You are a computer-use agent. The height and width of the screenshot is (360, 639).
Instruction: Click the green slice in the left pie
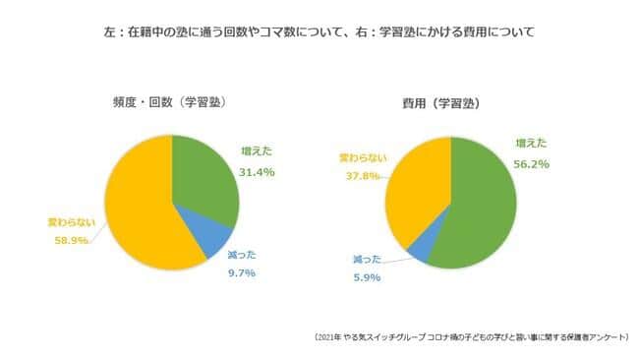point(203,177)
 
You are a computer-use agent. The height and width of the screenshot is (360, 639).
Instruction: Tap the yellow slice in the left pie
point(138,207)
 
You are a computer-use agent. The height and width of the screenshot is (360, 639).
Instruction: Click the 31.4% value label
point(257,171)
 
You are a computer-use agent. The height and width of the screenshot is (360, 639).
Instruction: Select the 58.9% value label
point(72,239)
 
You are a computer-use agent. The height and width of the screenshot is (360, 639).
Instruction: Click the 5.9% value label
point(365,277)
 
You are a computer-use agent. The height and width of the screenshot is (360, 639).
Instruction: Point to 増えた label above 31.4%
point(258,150)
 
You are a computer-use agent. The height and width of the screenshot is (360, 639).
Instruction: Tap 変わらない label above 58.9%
point(74,220)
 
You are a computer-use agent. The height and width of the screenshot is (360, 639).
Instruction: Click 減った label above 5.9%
point(367,259)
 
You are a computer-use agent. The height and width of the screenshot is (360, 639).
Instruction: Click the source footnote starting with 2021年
point(471,336)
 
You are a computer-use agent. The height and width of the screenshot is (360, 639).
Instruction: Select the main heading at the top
point(319,32)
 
